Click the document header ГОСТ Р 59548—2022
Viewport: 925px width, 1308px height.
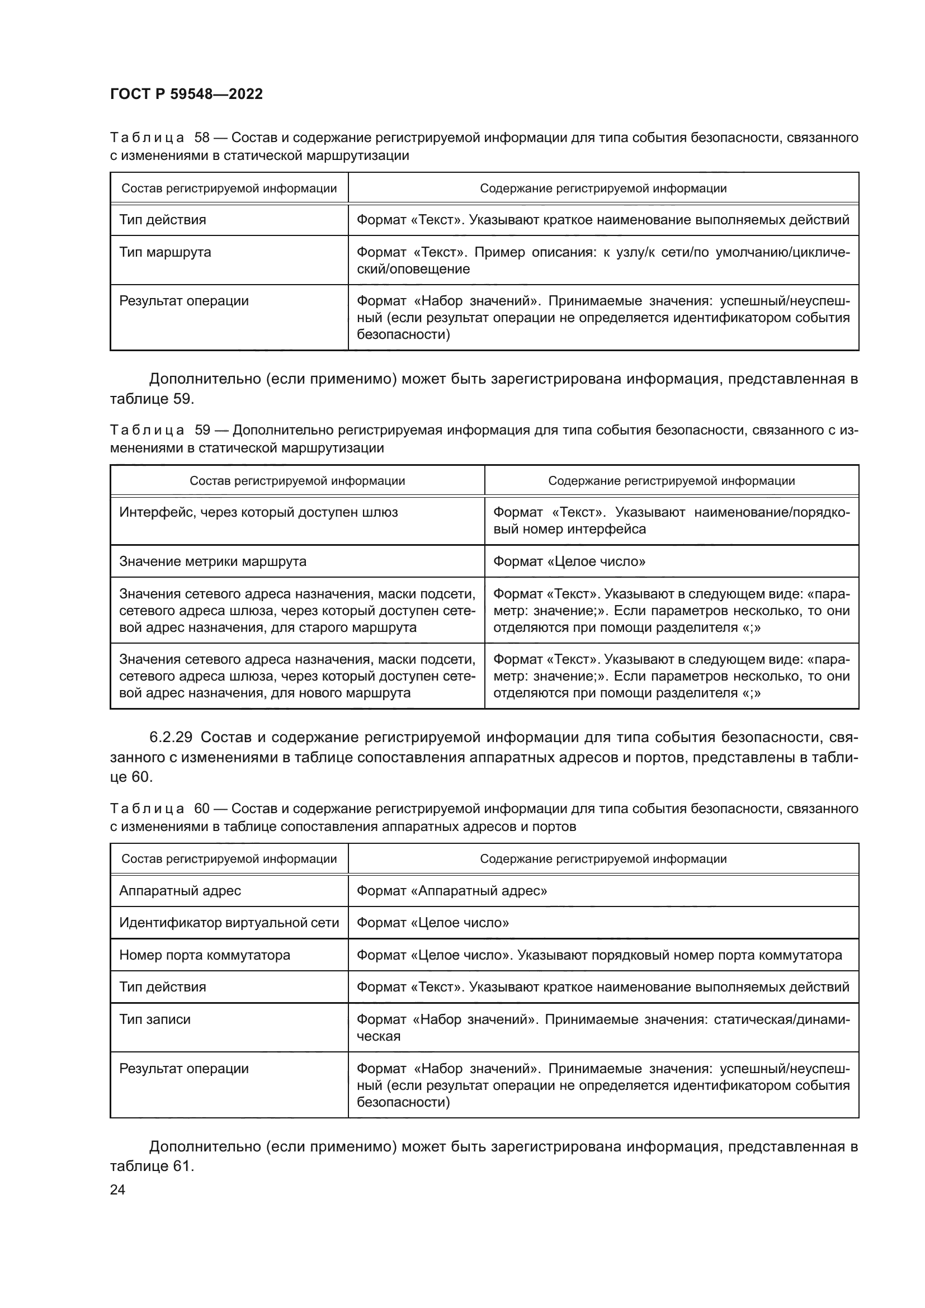click(186, 95)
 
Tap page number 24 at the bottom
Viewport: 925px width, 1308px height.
click(117, 1189)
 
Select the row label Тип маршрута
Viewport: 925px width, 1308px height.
click(165, 252)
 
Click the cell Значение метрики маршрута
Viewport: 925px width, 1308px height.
click(213, 561)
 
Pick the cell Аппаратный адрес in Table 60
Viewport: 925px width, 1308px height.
click(180, 890)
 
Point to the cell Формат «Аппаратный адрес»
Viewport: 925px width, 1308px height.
click(452, 890)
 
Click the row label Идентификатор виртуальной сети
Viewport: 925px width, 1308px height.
click(229, 922)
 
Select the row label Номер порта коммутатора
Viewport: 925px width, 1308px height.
click(205, 955)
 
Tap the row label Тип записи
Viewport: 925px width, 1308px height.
click(155, 1019)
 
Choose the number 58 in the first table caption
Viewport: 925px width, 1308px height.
click(202, 138)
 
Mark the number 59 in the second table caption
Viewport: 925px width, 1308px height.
click(202, 430)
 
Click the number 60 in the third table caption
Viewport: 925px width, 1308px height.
click(202, 809)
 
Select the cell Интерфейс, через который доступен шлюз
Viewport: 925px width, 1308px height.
click(258, 512)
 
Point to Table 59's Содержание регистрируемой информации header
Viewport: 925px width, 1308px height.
click(671, 481)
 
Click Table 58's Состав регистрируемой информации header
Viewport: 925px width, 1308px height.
click(229, 188)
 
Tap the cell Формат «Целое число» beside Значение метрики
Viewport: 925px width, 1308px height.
click(569, 561)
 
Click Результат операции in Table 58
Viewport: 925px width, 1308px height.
click(184, 301)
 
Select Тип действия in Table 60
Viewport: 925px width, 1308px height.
click(162, 986)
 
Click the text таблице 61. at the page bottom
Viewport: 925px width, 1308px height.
click(152, 1166)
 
